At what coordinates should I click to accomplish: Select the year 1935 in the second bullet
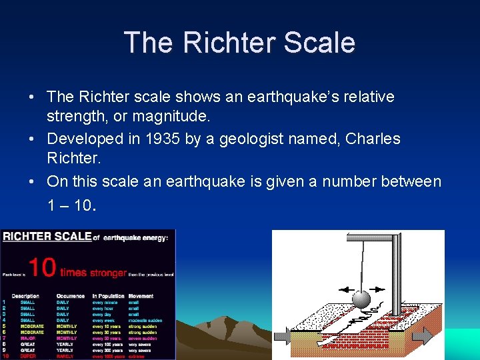(x=164, y=139)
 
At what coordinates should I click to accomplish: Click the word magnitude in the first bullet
(x=171, y=116)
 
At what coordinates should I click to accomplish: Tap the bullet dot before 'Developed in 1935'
(x=32, y=139)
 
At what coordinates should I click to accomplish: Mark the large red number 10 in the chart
(x=41, y=269)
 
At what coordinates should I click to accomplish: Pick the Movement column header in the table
(x=141, y=296)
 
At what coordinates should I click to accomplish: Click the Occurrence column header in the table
(x=71, y=296)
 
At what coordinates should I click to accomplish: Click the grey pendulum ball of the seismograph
(x=361, y=298)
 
